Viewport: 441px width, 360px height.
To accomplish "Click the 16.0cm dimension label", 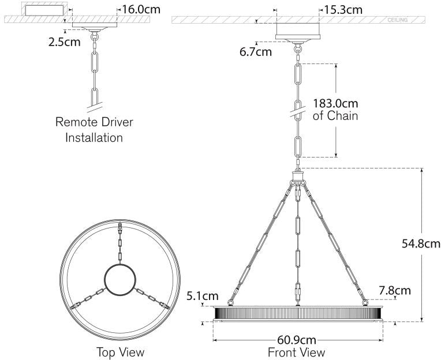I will click(x=141, y=9).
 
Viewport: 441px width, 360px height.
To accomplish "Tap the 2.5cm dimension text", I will click(x=64, y=42).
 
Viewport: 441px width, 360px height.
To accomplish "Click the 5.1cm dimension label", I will click(x=202, y=296).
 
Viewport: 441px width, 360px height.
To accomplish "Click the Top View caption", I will click(x=120, y=351).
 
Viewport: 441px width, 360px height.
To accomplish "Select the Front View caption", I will click(x=297, y=351).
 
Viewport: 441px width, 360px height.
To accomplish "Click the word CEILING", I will click(x=398, y=20).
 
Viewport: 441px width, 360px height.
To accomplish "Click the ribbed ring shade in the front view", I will click(x=297, y=313).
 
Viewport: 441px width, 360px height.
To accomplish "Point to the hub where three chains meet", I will click(x=298, y=177).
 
